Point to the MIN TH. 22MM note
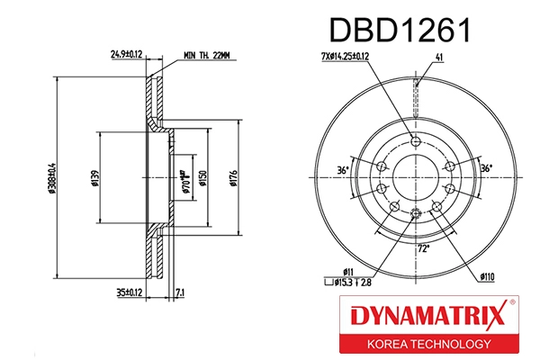tap(207, 55)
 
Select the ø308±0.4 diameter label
tap(54, 176)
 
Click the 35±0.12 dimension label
tap(130, 292)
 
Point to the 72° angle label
tap(422, 247)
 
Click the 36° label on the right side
tap(487, 167)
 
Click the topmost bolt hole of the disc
tap(415, 140)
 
